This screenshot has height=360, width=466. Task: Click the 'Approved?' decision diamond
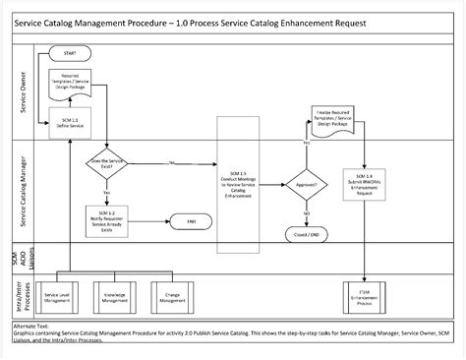pos(307,184)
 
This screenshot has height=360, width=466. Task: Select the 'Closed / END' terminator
pos(307,237)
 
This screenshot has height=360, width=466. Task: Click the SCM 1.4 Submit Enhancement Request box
pos(366,184)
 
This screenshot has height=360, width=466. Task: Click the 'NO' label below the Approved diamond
pos(307,213)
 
